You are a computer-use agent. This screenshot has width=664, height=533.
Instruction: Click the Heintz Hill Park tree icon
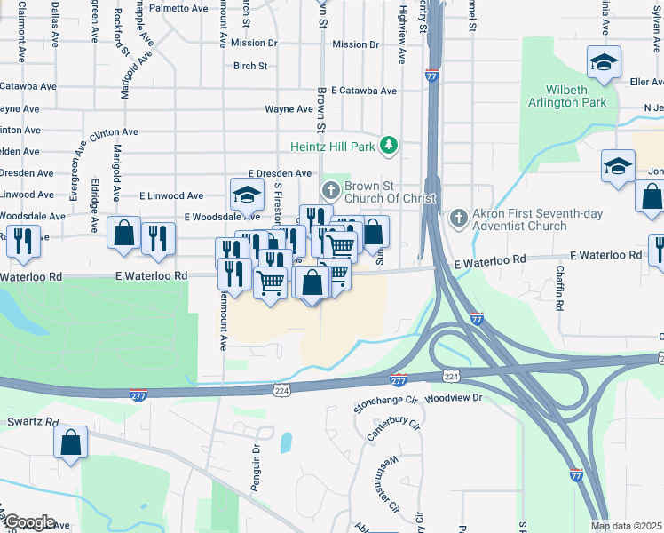click(387, 145)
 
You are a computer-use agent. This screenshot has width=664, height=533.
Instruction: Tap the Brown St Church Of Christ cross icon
click(330, 189)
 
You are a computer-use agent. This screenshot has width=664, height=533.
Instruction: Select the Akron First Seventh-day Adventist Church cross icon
click(458, 218)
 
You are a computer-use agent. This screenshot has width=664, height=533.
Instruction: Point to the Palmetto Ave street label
click(178, 8)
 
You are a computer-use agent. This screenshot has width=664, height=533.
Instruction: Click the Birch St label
click(250, 66)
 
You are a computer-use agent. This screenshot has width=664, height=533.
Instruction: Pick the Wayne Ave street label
click(289, 109)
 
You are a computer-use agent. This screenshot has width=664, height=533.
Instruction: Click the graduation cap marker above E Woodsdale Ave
click(248, 194)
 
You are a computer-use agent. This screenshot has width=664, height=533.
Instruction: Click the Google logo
click(28, 522)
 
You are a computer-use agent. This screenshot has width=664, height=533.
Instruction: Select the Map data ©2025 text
click(626, 526)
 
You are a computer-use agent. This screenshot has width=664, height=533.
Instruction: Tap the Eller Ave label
click(646, 82)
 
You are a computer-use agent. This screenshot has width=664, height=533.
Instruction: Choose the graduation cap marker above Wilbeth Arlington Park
click(604, 62)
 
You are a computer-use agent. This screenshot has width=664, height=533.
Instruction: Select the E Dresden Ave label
click(280, 173)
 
